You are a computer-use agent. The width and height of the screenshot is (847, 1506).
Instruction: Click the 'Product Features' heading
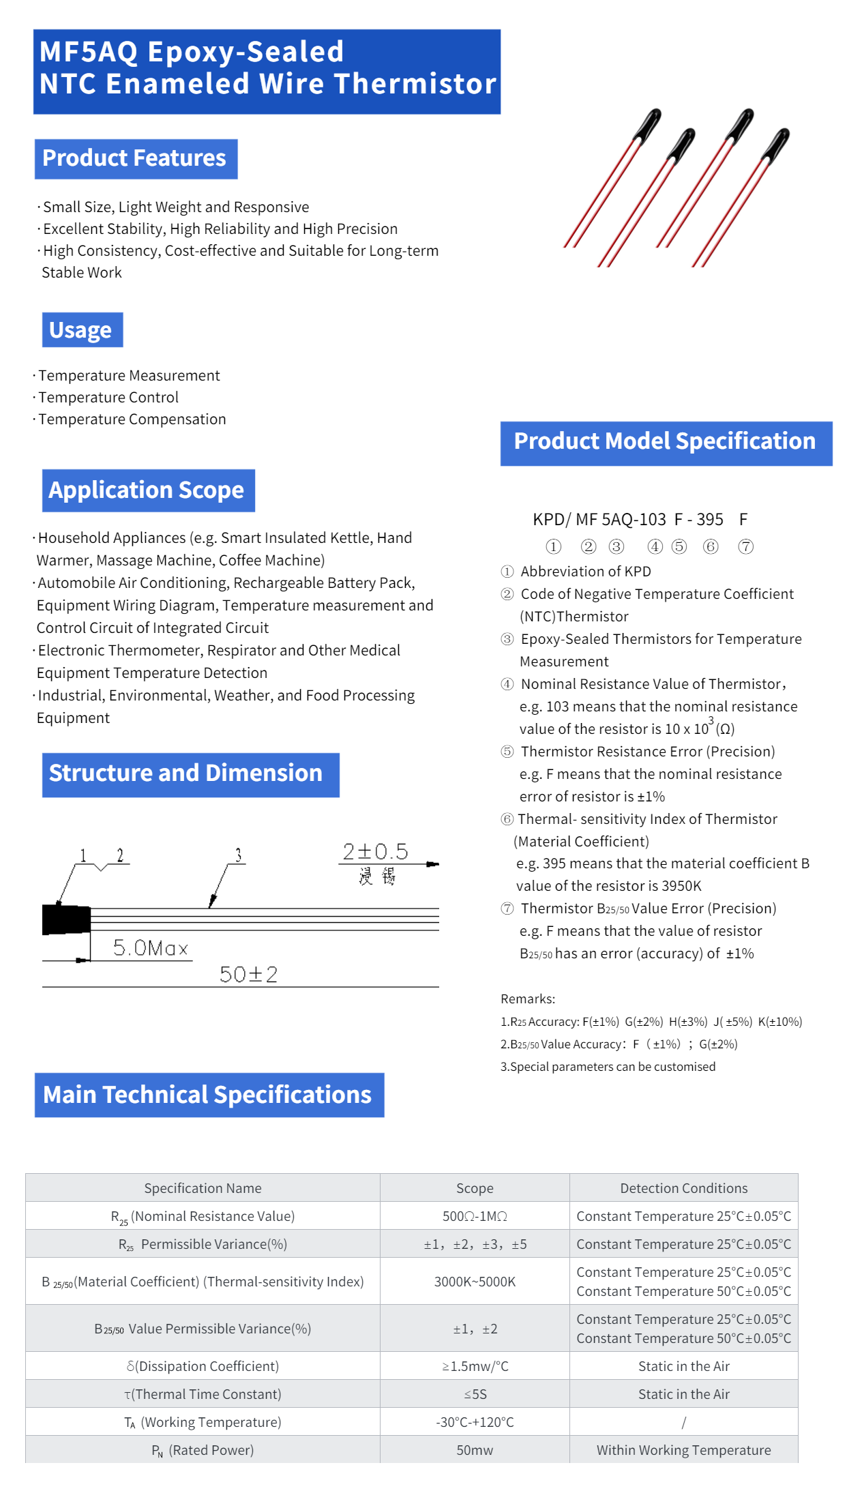(135, 158)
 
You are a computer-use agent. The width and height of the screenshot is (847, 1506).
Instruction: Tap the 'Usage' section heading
(81, 330)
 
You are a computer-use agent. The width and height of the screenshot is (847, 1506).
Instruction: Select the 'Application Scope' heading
(147, 490)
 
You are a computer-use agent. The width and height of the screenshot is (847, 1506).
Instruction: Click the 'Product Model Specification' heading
(665, 442)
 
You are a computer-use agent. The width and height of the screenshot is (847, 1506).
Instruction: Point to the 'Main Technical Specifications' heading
(208, 1095)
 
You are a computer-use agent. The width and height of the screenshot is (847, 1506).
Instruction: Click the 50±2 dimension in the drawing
(248, 975)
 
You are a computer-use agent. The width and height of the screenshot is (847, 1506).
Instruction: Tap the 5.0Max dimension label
(150, 948)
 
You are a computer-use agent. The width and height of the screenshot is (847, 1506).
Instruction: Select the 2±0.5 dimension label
(375, 852)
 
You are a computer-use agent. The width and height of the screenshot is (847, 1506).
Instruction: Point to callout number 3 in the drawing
(238, 855)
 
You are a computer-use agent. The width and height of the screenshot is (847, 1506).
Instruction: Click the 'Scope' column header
(475, 1188)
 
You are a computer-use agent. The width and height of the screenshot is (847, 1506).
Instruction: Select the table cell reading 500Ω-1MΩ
(475, 1216)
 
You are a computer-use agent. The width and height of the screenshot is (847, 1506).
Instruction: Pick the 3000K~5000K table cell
(475, 1282)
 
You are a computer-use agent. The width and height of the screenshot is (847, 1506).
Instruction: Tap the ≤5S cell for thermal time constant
(475, 1394)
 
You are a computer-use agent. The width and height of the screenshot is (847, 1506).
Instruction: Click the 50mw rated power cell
(475, 1450)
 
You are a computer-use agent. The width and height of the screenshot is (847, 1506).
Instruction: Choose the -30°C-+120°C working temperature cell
(475, 1422)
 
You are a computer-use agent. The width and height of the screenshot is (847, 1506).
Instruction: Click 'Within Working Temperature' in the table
(683, 1450)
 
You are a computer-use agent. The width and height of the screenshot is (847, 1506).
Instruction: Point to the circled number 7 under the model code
(746, 547)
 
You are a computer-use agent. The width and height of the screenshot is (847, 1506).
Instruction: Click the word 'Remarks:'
(528, 999)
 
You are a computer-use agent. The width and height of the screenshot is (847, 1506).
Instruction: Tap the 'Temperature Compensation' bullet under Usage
(132, 419)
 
